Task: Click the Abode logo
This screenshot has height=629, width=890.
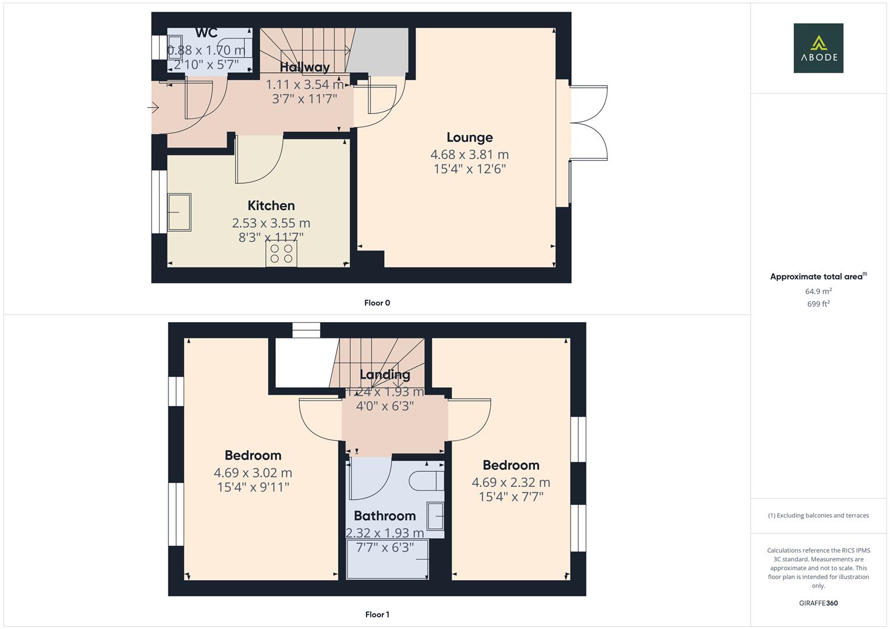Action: tap(818, 48)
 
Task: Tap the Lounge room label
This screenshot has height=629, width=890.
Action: tap(469, 137)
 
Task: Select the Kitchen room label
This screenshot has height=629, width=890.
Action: tap(271, 206)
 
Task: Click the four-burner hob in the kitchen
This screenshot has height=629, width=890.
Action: tap(282, 254)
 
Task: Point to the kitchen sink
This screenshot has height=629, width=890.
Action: tap(180, 212)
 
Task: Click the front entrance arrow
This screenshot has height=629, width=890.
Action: tap(154, 108)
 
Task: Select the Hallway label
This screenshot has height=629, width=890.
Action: tap(304, 67)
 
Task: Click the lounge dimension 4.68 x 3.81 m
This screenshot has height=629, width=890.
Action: tap(469, 155)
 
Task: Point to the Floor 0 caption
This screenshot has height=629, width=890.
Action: tap(377, 303)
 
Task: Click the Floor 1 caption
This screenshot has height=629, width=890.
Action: tap(377, 614)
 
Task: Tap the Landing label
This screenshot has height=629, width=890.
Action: tap(385, 374)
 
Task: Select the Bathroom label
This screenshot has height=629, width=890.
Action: tap(385, 516)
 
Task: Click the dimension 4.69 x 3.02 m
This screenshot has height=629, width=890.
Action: tap(253, 473)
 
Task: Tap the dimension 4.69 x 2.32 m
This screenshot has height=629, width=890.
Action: tap(511, 483)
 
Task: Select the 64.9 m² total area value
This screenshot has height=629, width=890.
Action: tap(818, 291)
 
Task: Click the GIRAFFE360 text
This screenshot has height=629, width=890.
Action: tap(818, 603)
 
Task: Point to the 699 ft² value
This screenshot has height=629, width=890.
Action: tap(818, 304)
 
